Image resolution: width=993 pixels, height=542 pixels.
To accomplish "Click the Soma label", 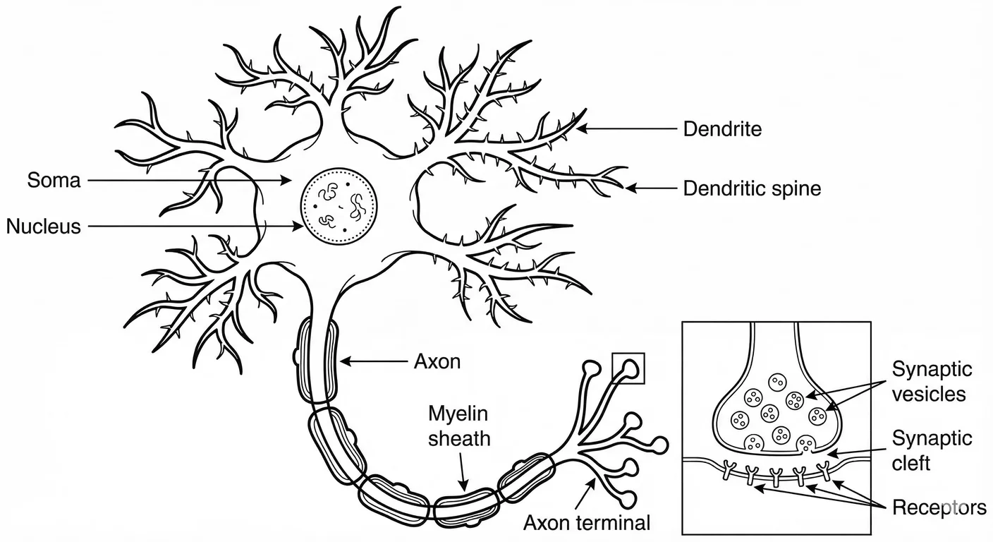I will tap(54, 181).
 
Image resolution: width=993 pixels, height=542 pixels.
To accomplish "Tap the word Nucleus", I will tap(44, 227).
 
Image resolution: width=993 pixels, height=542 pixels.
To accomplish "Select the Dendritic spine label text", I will tap(752, 189).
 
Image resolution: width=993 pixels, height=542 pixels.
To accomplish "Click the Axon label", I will tap(437, 361).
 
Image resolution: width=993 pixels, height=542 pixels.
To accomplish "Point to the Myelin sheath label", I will tap(459, 426).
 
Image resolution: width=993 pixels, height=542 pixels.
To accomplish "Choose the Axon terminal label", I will tap(587, 523).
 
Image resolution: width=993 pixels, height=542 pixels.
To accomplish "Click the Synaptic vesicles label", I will tap(932, 381).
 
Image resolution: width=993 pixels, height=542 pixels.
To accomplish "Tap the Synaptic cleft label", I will tap(932, 450).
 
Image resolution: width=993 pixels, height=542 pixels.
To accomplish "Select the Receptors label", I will tap(939, 507).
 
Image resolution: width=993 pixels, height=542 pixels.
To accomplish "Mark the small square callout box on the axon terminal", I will tap(628, 368).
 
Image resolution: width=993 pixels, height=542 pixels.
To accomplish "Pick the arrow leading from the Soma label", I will tap(190, 181).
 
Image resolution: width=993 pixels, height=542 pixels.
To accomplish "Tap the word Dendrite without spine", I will tap(722, 129).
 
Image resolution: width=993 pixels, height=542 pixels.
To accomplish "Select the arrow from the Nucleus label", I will tap(197, 227).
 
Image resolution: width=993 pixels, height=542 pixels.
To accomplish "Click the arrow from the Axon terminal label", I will tap(585, 492).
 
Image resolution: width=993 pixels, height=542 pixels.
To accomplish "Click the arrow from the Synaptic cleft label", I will tap(857, 454).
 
